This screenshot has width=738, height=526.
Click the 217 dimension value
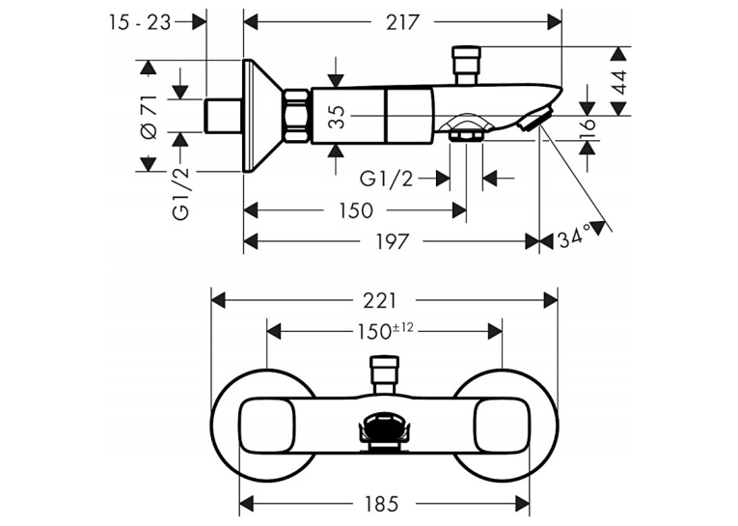point(402,22)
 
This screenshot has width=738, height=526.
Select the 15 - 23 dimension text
point(140,22)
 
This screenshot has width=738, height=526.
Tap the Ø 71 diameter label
point(150,117)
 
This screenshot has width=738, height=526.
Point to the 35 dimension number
point(337,117)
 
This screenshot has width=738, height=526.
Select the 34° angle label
point(574,236)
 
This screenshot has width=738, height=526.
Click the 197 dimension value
point(392,241)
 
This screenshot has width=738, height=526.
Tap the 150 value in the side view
point(356,210)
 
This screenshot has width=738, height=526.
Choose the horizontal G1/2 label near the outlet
point(386,179)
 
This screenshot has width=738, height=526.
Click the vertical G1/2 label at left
point(181,194)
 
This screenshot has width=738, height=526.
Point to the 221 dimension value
point(380,300)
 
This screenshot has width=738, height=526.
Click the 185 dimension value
point(381,504)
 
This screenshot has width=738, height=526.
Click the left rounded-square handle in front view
point(267,425)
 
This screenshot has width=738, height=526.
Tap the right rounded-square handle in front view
point(503,425)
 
